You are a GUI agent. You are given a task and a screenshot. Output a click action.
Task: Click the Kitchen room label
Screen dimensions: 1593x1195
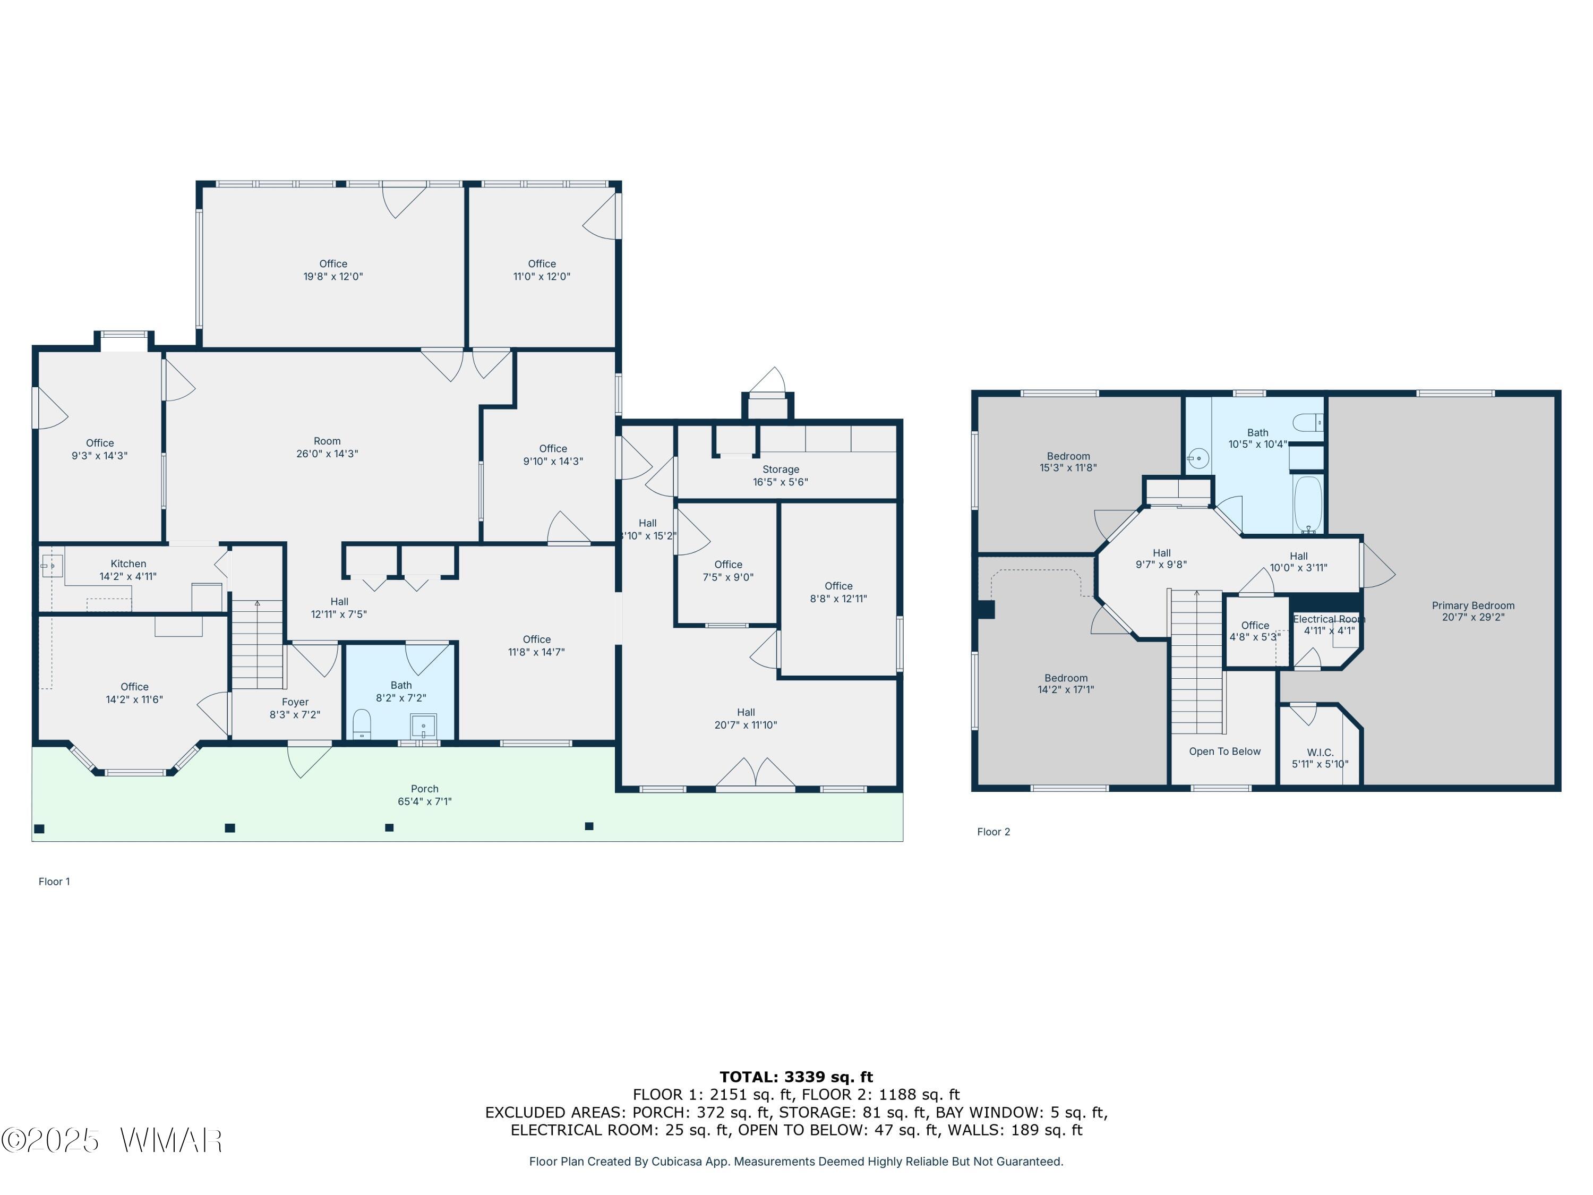(x=128, y=564)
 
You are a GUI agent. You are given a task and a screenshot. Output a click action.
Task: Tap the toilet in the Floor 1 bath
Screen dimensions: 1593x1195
(x=362, y=724)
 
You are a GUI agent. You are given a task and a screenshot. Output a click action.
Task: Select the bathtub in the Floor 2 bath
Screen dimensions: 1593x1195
(x=1308, y=503)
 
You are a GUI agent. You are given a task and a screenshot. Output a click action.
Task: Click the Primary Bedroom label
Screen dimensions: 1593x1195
(x=1473, y=606)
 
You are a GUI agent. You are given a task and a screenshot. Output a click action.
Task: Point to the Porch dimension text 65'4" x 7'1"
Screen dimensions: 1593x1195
(x=425, y=801)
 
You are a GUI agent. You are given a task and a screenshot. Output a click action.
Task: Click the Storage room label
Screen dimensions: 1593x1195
(x=781, y=470)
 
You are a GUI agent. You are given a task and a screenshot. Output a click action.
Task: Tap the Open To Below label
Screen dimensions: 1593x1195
(x=1224, y=752)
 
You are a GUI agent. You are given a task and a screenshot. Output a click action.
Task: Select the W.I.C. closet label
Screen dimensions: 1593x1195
(x=1320, y=752)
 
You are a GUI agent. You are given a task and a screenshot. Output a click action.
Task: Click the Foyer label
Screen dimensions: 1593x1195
(x=295, y=702)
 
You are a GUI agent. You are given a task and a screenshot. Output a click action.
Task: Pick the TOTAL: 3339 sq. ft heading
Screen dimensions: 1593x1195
(x=796, y=1077)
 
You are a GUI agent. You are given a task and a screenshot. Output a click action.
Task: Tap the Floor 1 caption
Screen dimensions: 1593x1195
(x=55, y=882)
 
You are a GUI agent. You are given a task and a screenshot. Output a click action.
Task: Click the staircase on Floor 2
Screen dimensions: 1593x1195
(x=1196, y=661)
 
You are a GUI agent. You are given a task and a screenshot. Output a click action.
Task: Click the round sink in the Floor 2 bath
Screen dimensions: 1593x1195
(x=1197, y=458)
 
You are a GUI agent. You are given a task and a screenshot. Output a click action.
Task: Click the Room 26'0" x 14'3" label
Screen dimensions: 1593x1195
(x=327, y=447)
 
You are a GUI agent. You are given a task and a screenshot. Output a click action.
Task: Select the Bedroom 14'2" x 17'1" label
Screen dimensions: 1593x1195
(x=1066, y=684)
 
